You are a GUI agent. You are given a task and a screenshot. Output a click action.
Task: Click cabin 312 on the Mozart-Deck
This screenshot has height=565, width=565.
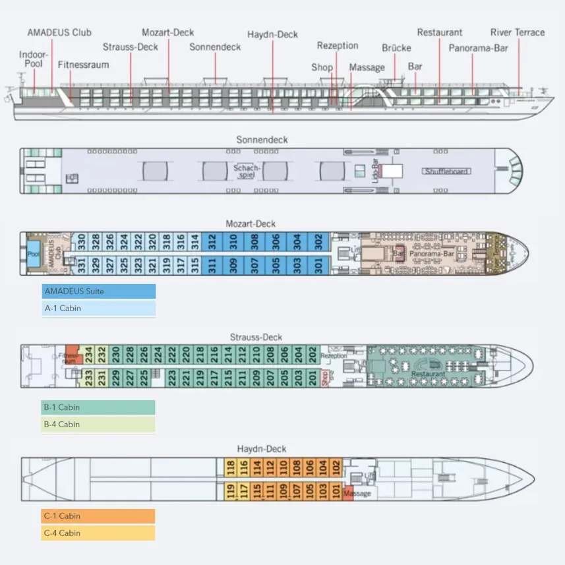[x=212, y=241]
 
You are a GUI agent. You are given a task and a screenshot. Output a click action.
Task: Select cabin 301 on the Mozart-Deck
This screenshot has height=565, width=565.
[x=318, y=265]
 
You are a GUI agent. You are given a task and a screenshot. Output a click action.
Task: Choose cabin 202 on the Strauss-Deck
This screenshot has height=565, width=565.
[x=312, y=353]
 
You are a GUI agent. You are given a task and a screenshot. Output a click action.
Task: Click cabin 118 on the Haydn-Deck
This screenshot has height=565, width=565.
[x=231, y=467]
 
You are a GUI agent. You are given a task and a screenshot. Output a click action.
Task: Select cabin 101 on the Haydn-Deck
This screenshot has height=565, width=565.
[x=336, y=491]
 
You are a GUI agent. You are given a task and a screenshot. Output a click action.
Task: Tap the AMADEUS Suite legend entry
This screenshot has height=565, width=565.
[x=99, y=291]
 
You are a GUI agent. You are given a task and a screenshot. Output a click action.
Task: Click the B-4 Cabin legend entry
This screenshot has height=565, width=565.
[x=99, y=425]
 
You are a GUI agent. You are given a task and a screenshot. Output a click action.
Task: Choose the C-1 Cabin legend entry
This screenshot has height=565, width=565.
[x=99, y=516]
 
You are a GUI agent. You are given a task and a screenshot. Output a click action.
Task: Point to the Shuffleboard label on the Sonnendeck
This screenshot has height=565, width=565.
[x=446, y=171]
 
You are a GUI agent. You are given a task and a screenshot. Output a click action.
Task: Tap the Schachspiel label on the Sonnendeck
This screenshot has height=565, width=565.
[x=248, y=171]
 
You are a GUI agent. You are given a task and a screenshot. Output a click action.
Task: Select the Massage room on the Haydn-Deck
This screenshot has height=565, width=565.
[x=357, y=493]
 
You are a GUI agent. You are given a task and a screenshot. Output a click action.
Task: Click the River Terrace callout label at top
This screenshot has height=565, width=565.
[x=518, y=32]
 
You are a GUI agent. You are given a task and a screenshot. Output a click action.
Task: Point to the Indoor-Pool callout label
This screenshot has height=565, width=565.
[x=31, y=59]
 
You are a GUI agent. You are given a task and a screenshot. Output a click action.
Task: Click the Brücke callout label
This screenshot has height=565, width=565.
[x=396, y=48]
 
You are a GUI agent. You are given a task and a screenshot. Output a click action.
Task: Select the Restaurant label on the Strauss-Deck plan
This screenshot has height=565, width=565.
[x=428, y=374]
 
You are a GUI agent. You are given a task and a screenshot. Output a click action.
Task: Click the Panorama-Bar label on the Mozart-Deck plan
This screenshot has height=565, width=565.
[x=433, y=253]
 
